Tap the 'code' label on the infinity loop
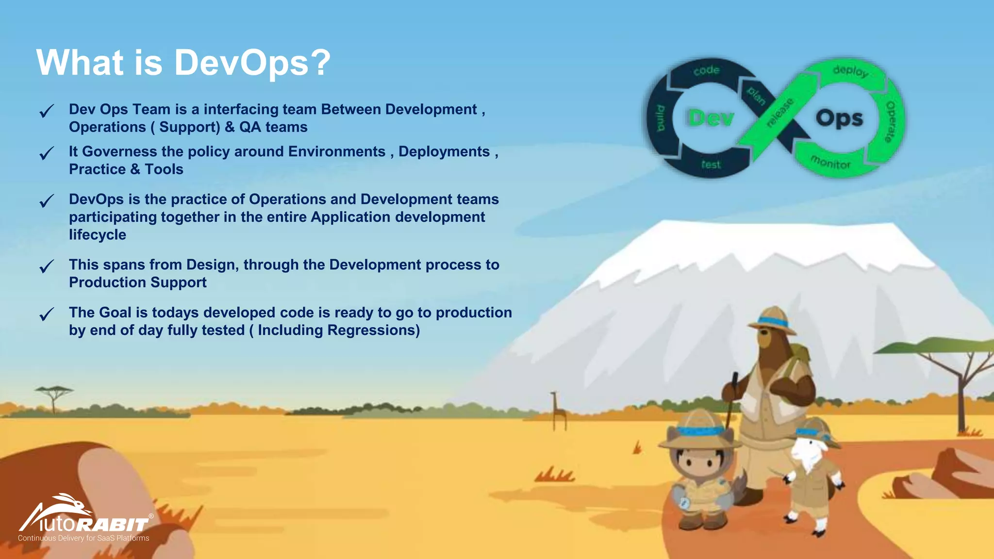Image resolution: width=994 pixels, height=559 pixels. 706,70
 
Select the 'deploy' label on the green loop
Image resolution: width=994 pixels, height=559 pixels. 850,71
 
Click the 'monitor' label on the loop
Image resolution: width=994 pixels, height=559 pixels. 830,163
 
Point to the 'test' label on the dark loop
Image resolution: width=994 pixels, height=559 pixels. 711,165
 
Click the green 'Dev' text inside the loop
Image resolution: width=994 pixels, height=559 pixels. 711,118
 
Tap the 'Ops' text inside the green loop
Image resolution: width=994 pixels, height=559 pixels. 839,118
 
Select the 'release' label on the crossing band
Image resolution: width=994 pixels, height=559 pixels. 780,113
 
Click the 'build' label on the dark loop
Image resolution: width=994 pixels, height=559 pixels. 661,118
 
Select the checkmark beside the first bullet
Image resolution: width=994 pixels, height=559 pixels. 47,111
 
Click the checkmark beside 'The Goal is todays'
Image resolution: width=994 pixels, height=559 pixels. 47,314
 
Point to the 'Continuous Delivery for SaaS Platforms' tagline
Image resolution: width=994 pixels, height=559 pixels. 83,538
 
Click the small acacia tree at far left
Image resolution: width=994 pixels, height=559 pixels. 54,395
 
